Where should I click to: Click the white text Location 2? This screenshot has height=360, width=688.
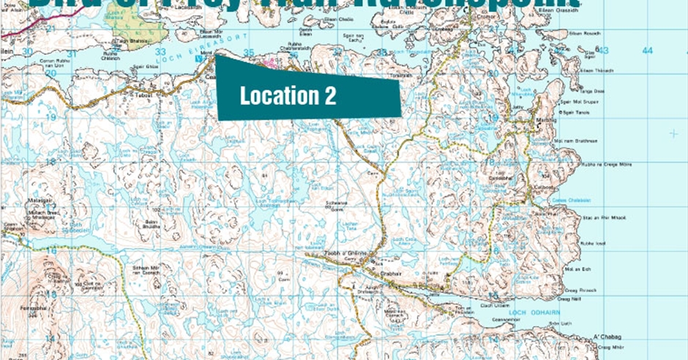coord(288,95)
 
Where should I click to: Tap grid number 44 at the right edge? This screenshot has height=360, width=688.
coord(646,50)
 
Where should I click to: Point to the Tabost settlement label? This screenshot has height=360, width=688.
coord(142,94)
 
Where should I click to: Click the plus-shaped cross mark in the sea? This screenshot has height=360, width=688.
coord(673,133)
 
